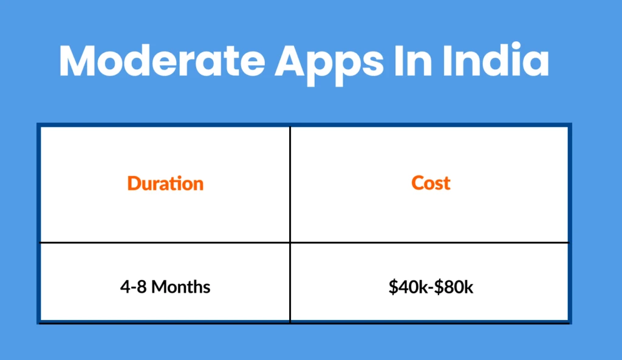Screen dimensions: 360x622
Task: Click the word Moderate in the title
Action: (162, 61)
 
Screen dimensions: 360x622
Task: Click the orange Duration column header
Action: (165, 183)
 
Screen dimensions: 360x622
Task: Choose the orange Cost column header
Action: (431, 183)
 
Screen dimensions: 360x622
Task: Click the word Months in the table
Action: (180, 287)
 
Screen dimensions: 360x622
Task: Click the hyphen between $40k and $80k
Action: (429, 287)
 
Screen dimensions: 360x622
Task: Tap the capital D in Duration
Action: (134, 183)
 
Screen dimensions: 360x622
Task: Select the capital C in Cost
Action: (417, 183)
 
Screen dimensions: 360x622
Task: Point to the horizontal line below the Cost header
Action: (429, 243)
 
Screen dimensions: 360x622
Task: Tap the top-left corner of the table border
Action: (39, 126)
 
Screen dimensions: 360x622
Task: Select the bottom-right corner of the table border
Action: (569, 321)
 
